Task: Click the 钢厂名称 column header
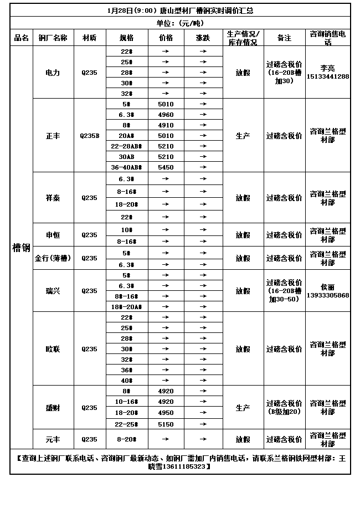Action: [x=53, y=38]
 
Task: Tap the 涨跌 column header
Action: [x=203, y=38]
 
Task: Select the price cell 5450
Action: [x=166, y=167]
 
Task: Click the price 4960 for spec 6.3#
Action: [x=166, y=115]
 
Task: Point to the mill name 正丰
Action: [x=53, y=136]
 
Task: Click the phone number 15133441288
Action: [x=327, y=76]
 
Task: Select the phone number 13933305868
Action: [x=327, y=295]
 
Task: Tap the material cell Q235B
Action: [x=89, y=136]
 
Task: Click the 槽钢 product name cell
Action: [x=21, y=247]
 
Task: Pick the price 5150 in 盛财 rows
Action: [x=166, y=424]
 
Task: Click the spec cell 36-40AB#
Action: [x=126, y=167]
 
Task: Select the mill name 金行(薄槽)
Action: [x=53, y=258]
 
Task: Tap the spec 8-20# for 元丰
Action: [x=126, y=439]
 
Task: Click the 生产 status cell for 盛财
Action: [x=243, y=408]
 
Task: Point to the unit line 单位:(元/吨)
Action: [x=179, y=23]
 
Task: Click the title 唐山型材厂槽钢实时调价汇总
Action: [x=179, y=11]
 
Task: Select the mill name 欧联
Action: [x=53, y=349]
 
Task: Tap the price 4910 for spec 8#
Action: [x=166, y=125]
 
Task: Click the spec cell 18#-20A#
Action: [x=126, y=306]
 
